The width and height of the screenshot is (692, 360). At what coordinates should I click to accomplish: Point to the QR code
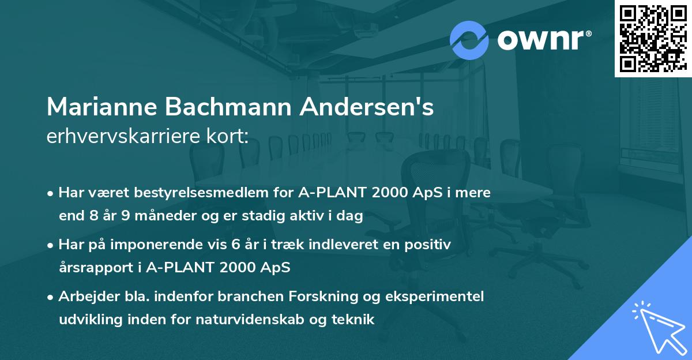click(653, 38)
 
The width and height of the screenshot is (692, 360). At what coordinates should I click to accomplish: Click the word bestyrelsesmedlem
click(190, 193)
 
